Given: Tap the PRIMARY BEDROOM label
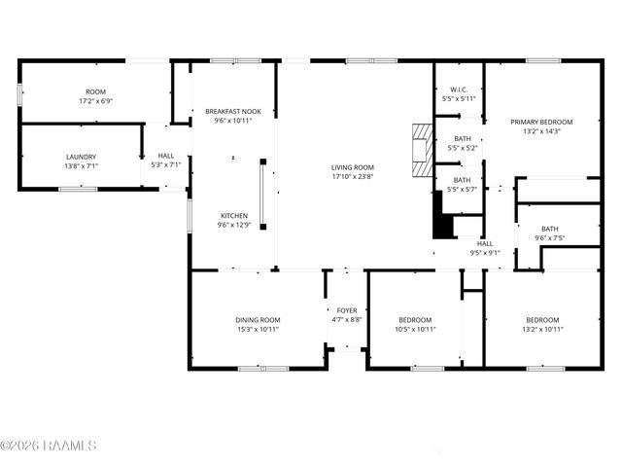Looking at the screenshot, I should [x=541, y=122].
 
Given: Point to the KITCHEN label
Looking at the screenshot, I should [x=233, y=215].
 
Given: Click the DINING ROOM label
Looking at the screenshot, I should [x=258, y=320].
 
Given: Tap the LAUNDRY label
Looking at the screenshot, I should [x=81, y=157].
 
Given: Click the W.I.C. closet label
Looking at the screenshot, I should [x=460, y=90].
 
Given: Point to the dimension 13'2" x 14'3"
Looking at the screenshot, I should [x=541, y=131].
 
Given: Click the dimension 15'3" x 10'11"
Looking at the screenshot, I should [x=258, y=329].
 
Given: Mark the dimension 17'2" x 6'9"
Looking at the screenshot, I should [x=95, y=100].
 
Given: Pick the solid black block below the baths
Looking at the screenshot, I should [x=442, y=223].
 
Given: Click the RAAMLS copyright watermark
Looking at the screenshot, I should [x=49, y=447].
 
